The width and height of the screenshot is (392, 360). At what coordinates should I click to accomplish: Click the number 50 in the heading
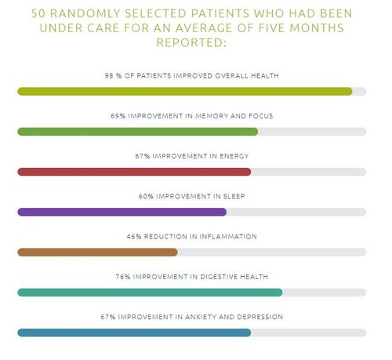coord(38,14)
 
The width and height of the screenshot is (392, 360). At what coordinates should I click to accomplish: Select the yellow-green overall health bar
coord(185,91)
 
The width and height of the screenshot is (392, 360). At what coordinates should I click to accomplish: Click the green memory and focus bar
coord(137,131)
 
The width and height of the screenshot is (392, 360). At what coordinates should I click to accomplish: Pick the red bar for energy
coord(134,171)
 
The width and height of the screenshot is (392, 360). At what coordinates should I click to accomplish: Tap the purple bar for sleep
coord(122,212)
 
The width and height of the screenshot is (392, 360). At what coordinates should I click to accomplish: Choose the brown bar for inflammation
coord(97,252)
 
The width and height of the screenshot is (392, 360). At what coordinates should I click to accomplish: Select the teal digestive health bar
coord(150,292)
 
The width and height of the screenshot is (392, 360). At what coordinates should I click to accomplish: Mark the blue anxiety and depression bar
coord(134,333)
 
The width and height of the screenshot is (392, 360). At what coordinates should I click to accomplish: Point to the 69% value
coord(118,116)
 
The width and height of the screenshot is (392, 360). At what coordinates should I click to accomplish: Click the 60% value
coord(146,196)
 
